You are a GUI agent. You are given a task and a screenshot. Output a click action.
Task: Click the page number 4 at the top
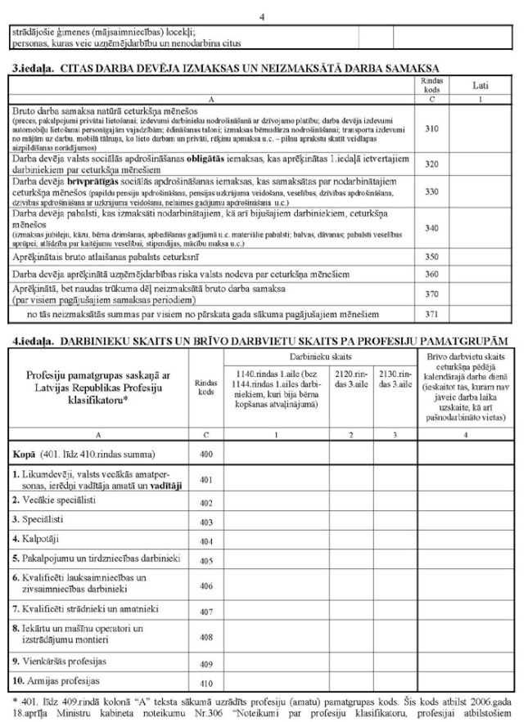(x=262, y=16)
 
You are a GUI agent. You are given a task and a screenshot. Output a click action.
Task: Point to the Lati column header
(x=481, y=84)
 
